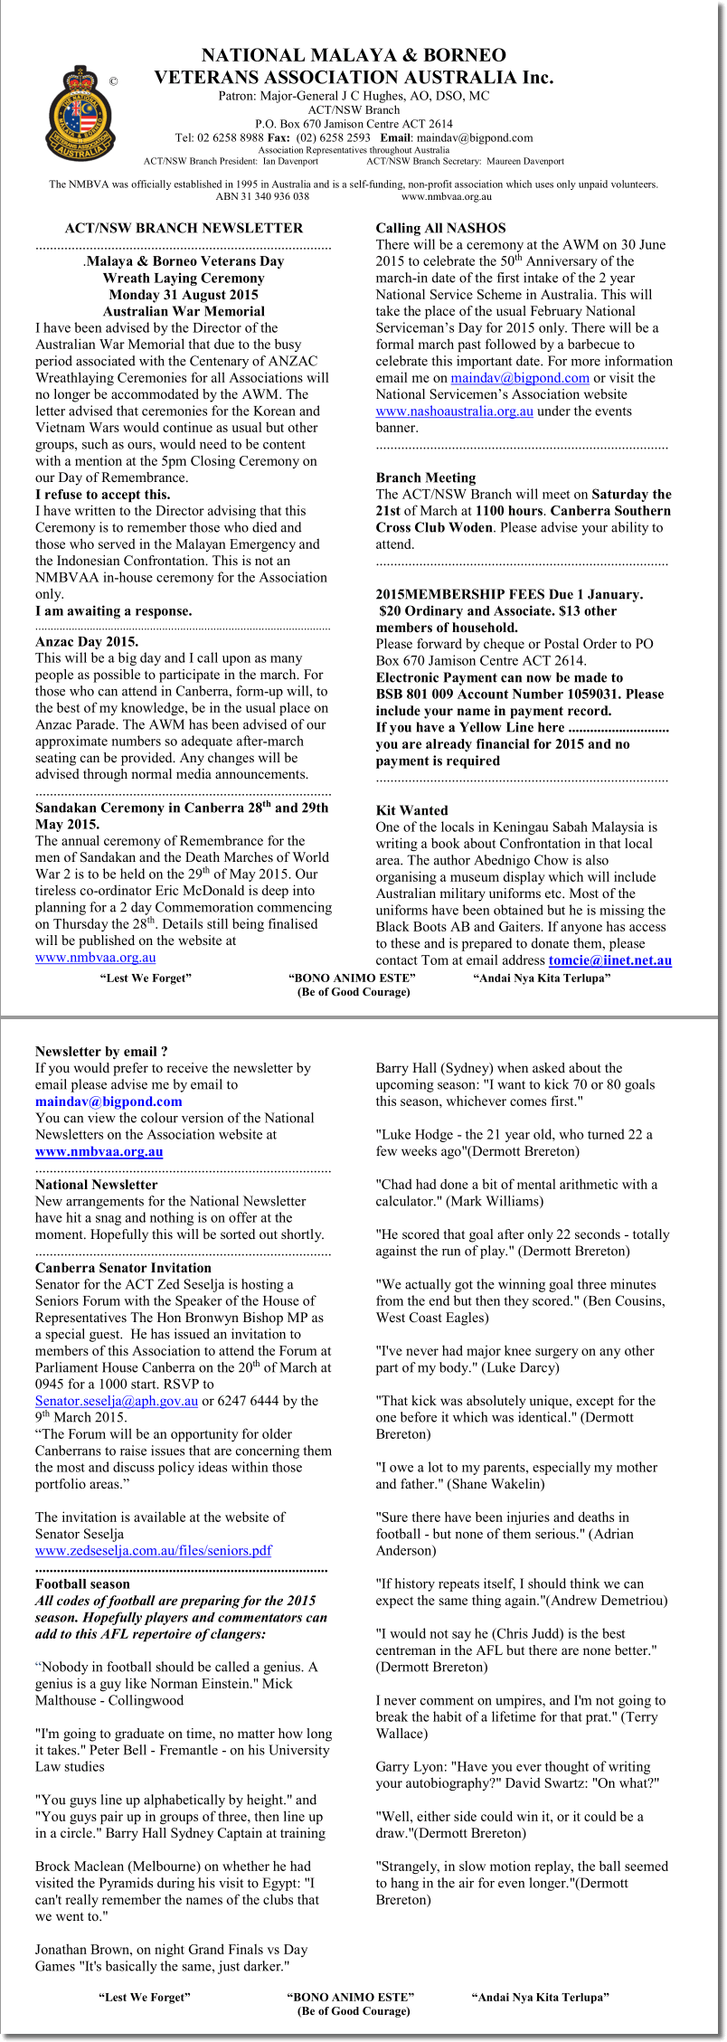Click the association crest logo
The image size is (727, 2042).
[x=80, y=113]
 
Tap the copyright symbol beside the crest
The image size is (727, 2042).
[x=113, y=81]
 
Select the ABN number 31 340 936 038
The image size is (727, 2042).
[x=262, y=196]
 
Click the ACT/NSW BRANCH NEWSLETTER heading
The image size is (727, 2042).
[x=184, y=228]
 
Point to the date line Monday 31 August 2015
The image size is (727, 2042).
[x=184, y=295]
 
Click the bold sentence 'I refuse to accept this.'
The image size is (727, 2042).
[x=102, y=495]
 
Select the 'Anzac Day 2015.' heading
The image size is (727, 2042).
[x=87, y=642]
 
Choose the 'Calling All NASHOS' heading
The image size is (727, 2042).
[x=440, y=228]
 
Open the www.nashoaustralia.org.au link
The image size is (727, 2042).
[x=454, y=411]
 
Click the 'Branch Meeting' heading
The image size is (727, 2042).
[x=425, y=477]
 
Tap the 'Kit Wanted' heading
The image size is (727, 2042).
[x=411, y=810]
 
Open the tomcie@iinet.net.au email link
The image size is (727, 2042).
[x=609, y=960]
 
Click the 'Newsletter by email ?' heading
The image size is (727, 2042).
[x=101, y=1052]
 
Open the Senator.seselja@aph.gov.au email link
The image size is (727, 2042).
[x=117, y=1401]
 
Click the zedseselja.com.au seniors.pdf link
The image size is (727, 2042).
[x=154, y=1550]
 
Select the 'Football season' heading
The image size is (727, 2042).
[x=82, y=1583]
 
